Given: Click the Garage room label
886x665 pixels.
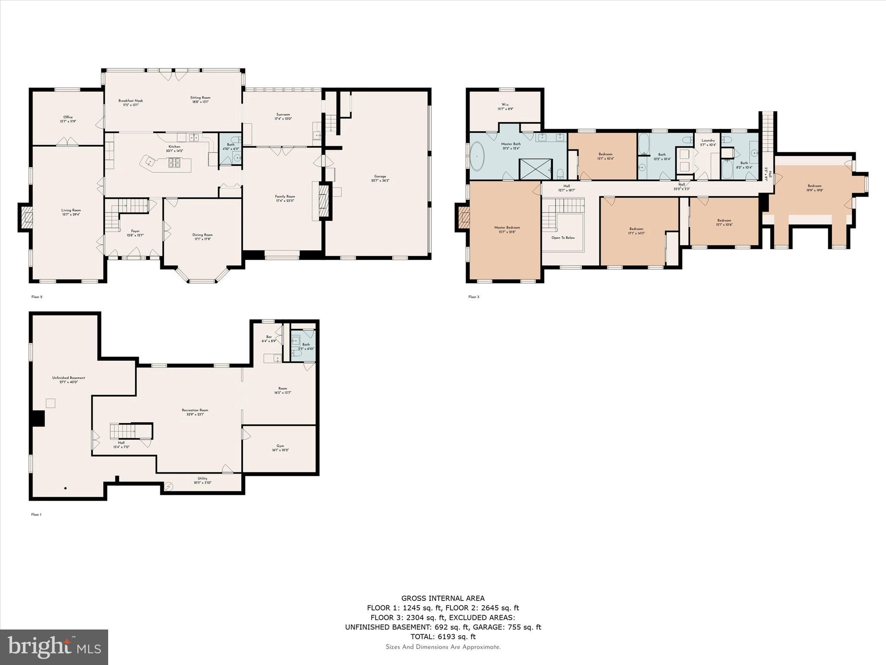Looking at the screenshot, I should coord(380,178).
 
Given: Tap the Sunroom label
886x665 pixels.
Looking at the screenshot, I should coord(283,116).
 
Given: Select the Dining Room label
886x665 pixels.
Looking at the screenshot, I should coord(202,237).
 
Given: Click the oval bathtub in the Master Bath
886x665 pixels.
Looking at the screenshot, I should coord(478,156).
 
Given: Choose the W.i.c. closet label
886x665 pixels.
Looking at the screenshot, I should coord(505,107).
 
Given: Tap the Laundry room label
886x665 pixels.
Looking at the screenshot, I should coord(708,142).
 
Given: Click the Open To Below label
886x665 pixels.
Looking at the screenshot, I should coord(563,238).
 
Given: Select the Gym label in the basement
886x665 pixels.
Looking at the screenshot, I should coord(280,448).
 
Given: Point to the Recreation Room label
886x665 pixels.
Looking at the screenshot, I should coord(195,412).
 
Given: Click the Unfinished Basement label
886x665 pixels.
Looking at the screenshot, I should coord(68,380).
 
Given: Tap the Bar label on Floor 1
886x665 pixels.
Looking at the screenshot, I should coord(269,339).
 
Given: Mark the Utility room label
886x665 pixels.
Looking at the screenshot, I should coord(202,480).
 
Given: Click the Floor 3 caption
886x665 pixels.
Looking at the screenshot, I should coord(474,297).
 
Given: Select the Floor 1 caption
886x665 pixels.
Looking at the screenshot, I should coord(37,515).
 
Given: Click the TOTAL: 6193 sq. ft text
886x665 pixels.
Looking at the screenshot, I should coord(443,636).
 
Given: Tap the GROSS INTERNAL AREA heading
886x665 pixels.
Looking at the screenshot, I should coord(443,598).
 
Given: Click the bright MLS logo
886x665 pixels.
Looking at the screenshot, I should coord(54,647).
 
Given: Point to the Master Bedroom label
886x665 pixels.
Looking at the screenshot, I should coord(507,229).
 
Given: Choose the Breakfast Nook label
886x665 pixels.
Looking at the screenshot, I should coord(131,103).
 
